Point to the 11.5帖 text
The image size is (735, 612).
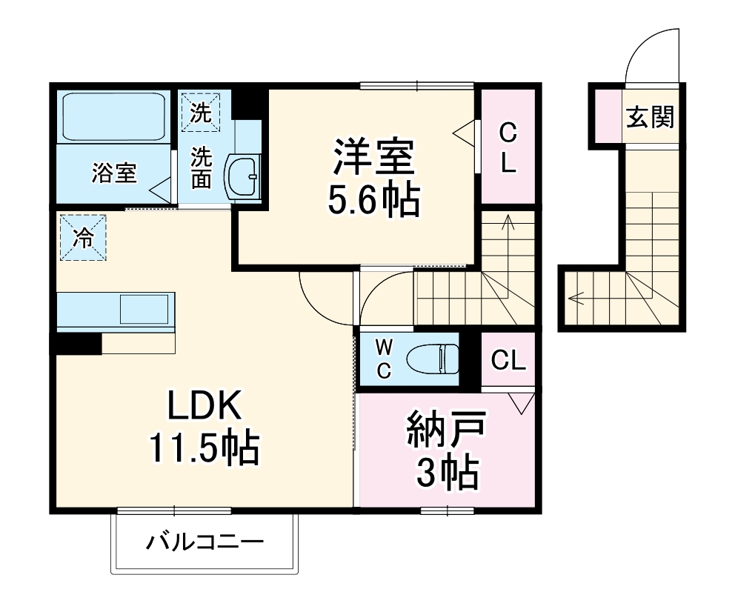(x=204, y=448)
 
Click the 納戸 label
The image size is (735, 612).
(x=445, y=432)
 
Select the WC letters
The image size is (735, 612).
(x=383, y=359)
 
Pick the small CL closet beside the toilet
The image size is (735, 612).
(x=508, y=361)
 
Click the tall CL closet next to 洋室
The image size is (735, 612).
(x=508, y=148)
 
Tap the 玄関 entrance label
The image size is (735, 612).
(x=650, y=117)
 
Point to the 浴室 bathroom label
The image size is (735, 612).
(x=113, y=174)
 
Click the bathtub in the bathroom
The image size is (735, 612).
(x=113, y=116)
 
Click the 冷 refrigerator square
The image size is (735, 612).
(x=83, y=237)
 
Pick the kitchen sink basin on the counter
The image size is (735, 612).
(x=144, y=309)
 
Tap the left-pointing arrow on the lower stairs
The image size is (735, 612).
(x=576, y=299)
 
